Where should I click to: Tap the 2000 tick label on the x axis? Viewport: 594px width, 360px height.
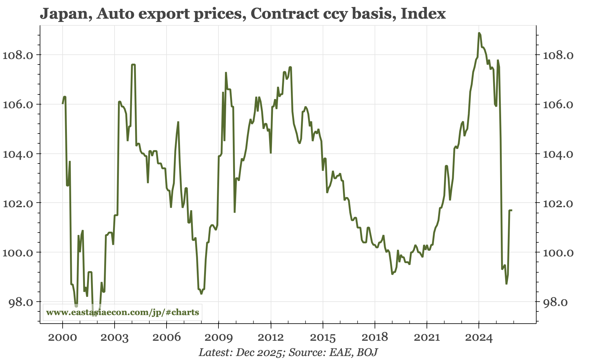[x=63, y=338]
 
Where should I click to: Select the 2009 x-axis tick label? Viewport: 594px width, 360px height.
[x=218, y=338]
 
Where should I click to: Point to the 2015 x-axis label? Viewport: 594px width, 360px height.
[x=323, y=338]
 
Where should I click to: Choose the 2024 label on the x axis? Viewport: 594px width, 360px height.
[x=479, y=338]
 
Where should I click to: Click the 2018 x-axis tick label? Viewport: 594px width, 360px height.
[x=375, y=338]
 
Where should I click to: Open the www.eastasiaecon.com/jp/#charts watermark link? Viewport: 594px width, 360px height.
[x=123, y=312]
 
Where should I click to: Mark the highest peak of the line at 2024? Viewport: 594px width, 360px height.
[x=479, y=33]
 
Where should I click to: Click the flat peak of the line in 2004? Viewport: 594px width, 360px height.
[x=133, y=64]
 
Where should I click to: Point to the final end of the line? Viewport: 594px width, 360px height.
[x=512, y=210]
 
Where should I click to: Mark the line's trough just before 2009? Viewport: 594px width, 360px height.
[x=201, y=293]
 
